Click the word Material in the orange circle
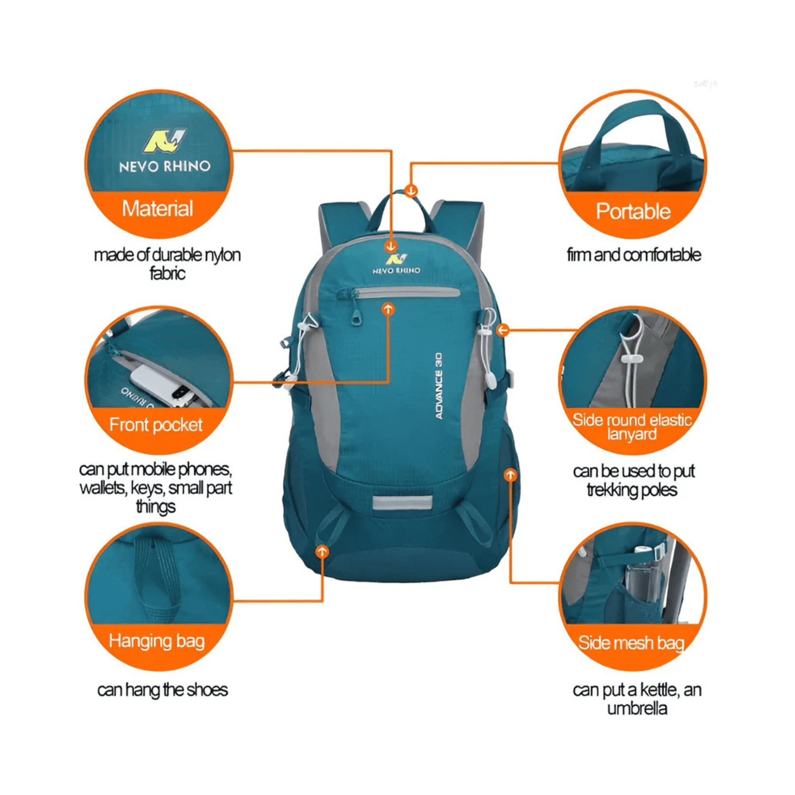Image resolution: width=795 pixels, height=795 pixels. click(x=157, y=209)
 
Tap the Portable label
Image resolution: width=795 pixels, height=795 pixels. click(x=633, y=211)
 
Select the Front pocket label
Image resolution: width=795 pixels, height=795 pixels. click(x=156, y=425)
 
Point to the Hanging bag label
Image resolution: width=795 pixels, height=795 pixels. click(x=157, y=642)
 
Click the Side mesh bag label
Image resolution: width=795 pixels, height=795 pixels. click(x=631, y=643)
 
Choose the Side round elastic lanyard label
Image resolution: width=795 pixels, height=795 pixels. click(x=632, y=426)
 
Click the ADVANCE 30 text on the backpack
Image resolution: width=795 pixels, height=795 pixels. click(x=438, y=386)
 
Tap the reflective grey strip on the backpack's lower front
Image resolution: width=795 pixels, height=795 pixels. click(x=402, y=502)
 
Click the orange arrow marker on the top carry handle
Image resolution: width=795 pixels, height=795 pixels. click(x=411, y=190)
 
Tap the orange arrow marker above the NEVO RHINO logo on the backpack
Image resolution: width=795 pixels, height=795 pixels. click(x=391, y=246)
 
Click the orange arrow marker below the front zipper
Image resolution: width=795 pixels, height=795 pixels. click(x=388, y=309)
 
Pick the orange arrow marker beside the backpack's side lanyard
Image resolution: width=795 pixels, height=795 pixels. click(x=502, y=330)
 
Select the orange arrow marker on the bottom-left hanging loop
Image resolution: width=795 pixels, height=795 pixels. click(x=322, y=551)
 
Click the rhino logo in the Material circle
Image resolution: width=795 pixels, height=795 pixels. click(x=164, y=141)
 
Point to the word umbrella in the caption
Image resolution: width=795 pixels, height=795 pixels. click(x=637, y=709)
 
